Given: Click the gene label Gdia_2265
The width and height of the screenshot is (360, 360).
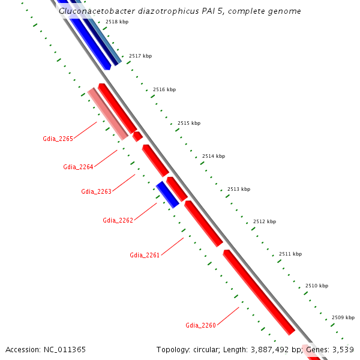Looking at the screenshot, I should point(58,139).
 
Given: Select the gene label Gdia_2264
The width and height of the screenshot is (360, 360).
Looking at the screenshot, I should point(78,167).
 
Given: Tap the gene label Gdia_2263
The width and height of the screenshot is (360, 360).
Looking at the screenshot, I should point(96,191).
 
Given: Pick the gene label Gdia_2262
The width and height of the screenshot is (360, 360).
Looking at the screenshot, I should point(118,220).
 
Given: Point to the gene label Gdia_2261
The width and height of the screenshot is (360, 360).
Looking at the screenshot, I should point(145,255).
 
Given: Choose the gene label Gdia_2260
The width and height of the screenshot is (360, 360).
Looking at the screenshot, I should point(200,325).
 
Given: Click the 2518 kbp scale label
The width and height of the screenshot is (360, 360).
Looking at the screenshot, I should point(116,22).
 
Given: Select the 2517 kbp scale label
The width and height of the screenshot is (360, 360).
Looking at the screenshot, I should point(140,56).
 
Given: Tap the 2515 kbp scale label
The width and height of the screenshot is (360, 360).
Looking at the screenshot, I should point(189,123).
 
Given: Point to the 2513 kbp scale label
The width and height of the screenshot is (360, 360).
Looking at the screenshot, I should point(239,189).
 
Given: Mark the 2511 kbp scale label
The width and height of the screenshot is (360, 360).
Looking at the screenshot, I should point(290,254).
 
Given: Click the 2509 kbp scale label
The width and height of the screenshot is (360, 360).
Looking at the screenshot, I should point(343,317).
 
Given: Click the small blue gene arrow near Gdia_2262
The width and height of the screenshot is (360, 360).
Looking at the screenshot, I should point(168,194).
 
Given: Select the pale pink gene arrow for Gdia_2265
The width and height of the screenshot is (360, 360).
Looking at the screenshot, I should point(108,114).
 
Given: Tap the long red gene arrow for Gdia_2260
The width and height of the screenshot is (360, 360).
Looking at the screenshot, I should point(259,292).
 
